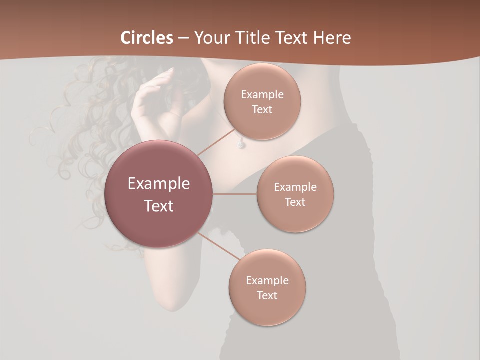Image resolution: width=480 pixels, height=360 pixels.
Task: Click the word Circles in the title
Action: coord(147,38)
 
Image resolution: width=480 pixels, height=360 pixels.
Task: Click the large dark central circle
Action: coord(159,194)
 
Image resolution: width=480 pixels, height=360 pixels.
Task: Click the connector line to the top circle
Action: coord(216,142)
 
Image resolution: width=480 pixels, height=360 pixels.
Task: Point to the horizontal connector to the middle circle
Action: coord(235,194)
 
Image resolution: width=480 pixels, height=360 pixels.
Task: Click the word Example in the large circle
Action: coord(159,184)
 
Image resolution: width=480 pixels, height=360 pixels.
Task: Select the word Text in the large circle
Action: coord(159,206)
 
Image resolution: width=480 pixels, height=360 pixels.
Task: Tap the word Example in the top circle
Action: coord(262,95)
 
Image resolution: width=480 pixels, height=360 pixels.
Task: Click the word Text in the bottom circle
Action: coord(267,295)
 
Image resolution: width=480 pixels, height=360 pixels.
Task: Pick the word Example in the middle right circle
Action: coord(295,187)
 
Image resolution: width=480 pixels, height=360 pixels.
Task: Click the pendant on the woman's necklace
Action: coord(241,143)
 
